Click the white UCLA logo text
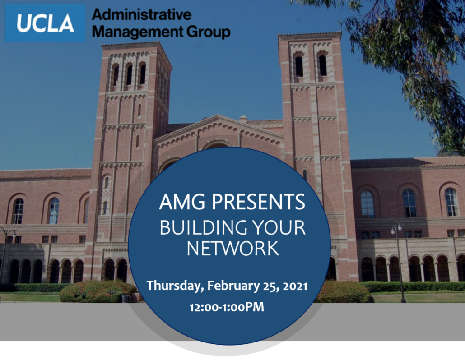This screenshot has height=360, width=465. (x=46, y=23)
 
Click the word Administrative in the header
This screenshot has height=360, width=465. (x=142, y=14)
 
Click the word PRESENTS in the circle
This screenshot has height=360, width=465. (x=258, y=202)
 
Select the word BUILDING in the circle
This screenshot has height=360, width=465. (x=204, y=228)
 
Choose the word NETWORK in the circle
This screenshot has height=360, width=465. (x=233, y=248)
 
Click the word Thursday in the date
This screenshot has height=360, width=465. (x=175, y=286)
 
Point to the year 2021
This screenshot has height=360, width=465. (x=295, y=286)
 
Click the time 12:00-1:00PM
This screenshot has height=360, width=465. (x=227, y=307)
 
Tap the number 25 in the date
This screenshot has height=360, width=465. (x=271, y=286)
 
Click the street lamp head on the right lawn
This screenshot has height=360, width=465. (x=397, y=227)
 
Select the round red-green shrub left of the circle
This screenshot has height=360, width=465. (x=98, y=291)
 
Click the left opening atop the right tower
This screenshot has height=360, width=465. (x=299, y=65)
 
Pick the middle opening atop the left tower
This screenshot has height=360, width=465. (x=129, y=74)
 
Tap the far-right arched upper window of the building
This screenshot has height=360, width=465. (x=451, y=202)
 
